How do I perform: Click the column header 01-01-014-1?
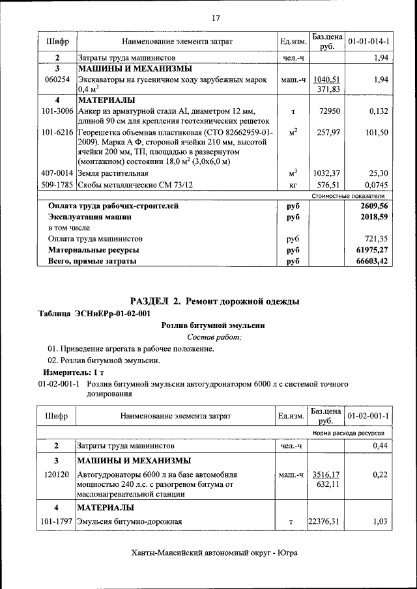tap(369, 42)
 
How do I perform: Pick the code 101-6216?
tap(57, 132)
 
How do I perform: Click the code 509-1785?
tap(57, 185)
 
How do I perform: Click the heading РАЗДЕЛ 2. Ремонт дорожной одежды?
tap(215, 301)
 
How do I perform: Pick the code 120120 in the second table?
tap(57, 474)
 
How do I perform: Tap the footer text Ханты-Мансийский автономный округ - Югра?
tap(215, 553)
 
